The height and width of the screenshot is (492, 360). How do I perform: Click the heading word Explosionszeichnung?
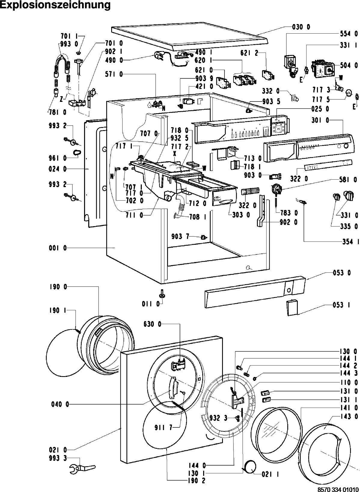point(55,5)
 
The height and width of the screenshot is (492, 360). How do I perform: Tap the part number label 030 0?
point(301,27)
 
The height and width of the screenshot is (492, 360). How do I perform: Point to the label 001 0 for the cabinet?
point(57,248)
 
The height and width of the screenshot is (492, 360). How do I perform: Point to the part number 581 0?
point(349,180)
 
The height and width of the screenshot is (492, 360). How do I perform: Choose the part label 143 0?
point(349,416)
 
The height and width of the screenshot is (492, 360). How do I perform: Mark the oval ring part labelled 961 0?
point(77,153)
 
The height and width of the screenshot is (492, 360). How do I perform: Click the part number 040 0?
point(59,405)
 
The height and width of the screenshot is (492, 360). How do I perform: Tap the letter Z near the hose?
point(61,99)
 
